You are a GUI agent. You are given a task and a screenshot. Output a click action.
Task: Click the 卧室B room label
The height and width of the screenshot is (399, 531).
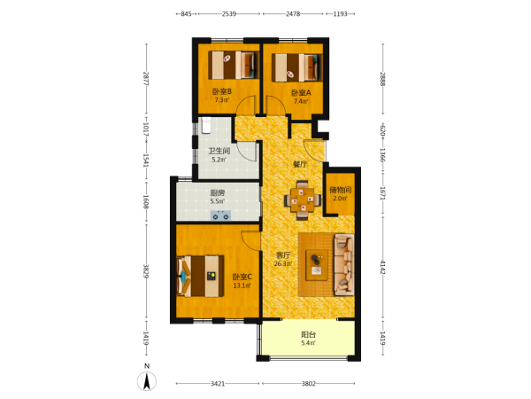coord(222,91)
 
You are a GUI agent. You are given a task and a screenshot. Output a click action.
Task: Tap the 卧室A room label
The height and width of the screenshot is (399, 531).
coord(301,92)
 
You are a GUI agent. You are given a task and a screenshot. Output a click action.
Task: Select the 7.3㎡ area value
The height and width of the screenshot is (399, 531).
coord(222,100)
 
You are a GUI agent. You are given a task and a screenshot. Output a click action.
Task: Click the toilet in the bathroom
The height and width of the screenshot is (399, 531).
coord(206,126)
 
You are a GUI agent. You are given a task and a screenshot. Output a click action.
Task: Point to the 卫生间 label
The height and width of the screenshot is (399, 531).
coord(219,151)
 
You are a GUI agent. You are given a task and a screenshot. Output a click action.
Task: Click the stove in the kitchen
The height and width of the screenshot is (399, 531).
coord(220,215)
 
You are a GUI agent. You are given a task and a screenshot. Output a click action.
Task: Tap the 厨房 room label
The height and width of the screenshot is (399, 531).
coord(218,193)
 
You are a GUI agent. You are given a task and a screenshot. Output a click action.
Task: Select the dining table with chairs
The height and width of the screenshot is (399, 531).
coord(303,200)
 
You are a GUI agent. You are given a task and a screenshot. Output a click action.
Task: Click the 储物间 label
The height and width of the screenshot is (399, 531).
coord(341,190)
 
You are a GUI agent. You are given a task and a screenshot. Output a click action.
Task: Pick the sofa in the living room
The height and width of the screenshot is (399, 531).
coord(344,264)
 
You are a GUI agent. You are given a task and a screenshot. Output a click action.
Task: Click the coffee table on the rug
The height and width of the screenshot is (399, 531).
coord(317,265)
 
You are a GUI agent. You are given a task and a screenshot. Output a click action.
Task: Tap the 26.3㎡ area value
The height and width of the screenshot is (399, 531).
coord(283,263)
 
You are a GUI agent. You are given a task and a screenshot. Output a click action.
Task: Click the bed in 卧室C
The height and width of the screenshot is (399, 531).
coord(200,276)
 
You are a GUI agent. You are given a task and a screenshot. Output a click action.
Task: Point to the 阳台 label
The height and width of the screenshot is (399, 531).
coord(309,334)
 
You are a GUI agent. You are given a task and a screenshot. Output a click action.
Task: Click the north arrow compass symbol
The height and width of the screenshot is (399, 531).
coord(147,381)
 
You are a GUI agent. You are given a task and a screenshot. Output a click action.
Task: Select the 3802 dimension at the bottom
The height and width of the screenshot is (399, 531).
coord(309,384)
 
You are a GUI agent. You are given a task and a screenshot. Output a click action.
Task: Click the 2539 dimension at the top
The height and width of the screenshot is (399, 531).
coord(229,14)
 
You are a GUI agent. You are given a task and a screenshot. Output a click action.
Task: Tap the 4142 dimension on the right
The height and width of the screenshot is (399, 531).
coord(383,268)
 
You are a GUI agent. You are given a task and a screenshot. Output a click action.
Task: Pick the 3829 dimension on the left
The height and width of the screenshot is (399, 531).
coord(146,271)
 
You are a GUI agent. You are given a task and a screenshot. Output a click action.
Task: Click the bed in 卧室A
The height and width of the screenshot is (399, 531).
coord(297,68)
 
